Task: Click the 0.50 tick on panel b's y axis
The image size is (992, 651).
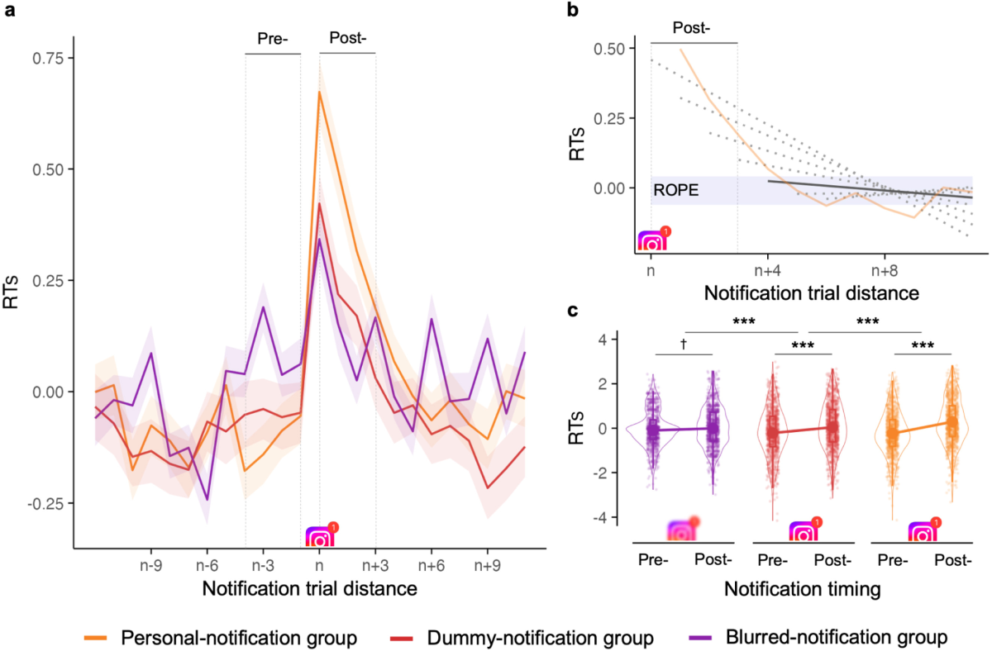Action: pos(613,49)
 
